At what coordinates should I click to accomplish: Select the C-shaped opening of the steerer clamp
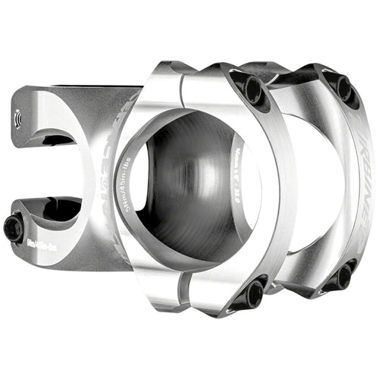pos(45,174)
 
